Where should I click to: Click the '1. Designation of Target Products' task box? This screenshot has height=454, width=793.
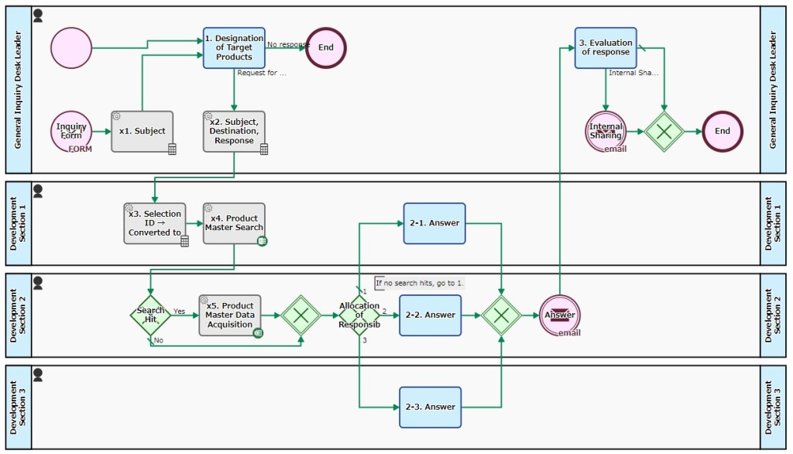click(x=234, y=48)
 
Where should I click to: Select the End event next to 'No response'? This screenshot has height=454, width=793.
click(x=326, y=47)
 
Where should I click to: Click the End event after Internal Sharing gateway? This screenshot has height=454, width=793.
click(x=722, y=131)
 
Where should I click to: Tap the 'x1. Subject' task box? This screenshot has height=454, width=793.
click(x=142, y=131)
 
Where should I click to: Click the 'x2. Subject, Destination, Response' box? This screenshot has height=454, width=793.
click(x=234, y=131)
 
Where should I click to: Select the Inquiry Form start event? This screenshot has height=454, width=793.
click(x=71, y=131)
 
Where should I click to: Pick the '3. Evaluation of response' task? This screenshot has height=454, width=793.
click(x=606, y=48)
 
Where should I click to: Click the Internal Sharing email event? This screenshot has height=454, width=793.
click(x=606, y=131)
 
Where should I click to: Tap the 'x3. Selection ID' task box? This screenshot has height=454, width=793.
click(x=155, y=223)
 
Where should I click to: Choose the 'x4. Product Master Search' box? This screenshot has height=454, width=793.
click(x=234, y=223)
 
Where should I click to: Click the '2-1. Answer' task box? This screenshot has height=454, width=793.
click(x=434, y=223)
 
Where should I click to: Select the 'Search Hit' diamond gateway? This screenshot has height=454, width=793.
click(x=150, y=315)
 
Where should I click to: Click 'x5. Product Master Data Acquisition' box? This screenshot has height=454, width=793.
click(x=230, y=315)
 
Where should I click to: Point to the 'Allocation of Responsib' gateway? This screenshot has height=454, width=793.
click(x=359, y=315)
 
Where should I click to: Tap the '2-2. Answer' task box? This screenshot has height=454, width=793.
click(x=430, y=315)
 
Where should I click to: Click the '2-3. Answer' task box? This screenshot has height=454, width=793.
click(x=430, y=407)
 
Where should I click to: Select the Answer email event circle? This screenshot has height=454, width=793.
click(x=559, y=315)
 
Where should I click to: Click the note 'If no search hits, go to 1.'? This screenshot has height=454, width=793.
click(x=419, y=283)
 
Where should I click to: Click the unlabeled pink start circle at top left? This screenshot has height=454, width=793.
click(x=71, y=48)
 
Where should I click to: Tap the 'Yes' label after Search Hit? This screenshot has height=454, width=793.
click(x=179, y=311)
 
